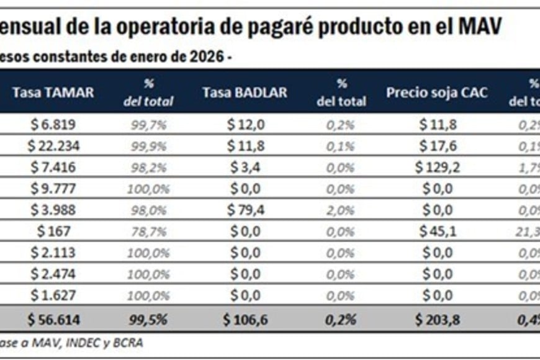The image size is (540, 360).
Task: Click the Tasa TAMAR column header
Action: pos(53,92)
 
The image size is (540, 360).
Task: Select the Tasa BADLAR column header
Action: pos(245,92)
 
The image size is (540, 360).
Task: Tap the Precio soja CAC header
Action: pos(437,92)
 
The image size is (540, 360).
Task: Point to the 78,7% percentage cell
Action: pos(149,232)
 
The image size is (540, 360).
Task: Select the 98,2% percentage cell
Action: pos(149,167)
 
